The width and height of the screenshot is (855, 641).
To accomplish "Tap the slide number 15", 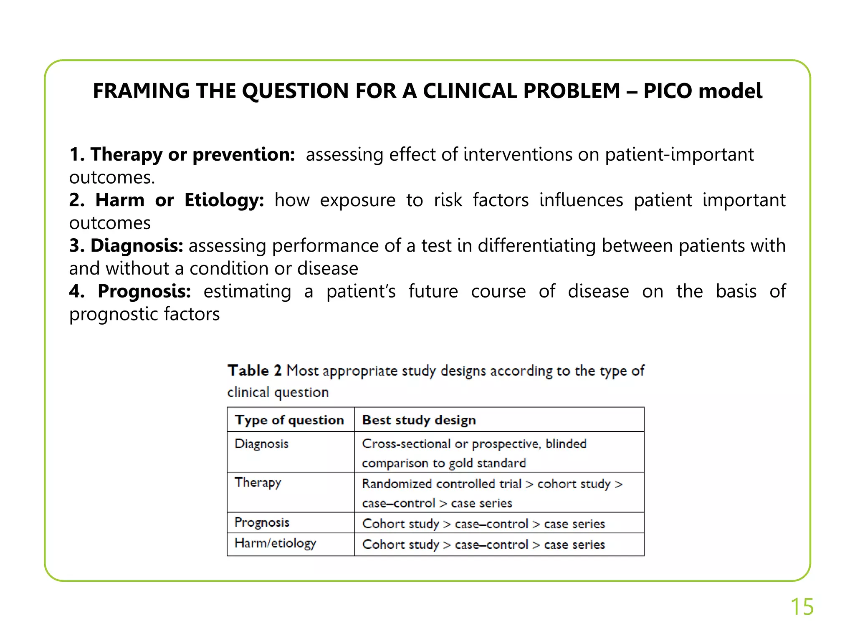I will coord(802,606).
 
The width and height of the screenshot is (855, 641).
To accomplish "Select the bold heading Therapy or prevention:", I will coord(182,154).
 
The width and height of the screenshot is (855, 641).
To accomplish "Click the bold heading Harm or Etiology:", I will coord(167,200).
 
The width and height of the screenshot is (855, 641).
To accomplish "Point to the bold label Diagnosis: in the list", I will coord(126,246).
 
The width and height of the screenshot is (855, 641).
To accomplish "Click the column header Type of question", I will coord(289,420).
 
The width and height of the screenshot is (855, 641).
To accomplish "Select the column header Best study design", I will coord(419,420).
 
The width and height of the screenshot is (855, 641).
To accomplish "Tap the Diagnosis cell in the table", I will coord(262,444).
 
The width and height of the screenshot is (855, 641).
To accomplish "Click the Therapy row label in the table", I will coord(258,482).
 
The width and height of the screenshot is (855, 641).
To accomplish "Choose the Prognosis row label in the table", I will coord(262,522).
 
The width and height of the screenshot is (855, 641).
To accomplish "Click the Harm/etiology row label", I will coord(276,543).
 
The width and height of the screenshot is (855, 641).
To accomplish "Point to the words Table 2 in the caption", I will coord(254,371).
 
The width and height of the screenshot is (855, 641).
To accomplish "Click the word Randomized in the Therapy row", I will coord(397,484).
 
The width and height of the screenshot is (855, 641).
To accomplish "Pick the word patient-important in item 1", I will coord(679,154).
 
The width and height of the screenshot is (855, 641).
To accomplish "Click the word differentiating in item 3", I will coord(536,246).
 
